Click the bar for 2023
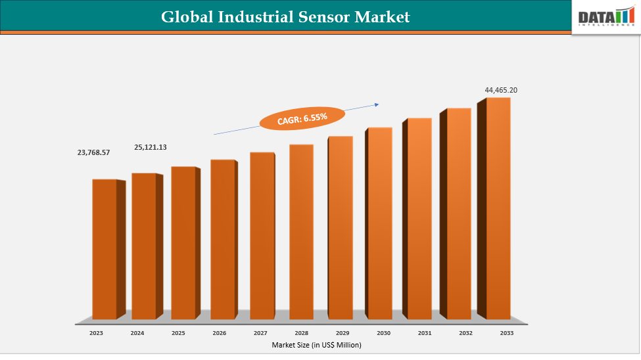(105, 249)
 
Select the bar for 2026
(222, 239)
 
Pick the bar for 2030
(379, 223)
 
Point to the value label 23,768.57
(93, 152)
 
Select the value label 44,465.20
(501, 90)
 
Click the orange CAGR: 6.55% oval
(302, 118)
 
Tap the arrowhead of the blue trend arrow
(377, 103)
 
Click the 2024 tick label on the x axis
(137, 333)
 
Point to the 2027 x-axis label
(260, 333)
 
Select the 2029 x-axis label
(343, 333)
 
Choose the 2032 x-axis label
(465, 333)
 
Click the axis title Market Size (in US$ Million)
(316, 345)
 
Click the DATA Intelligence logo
(604, 17)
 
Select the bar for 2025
(183, 242)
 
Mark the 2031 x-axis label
(425, 333)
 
